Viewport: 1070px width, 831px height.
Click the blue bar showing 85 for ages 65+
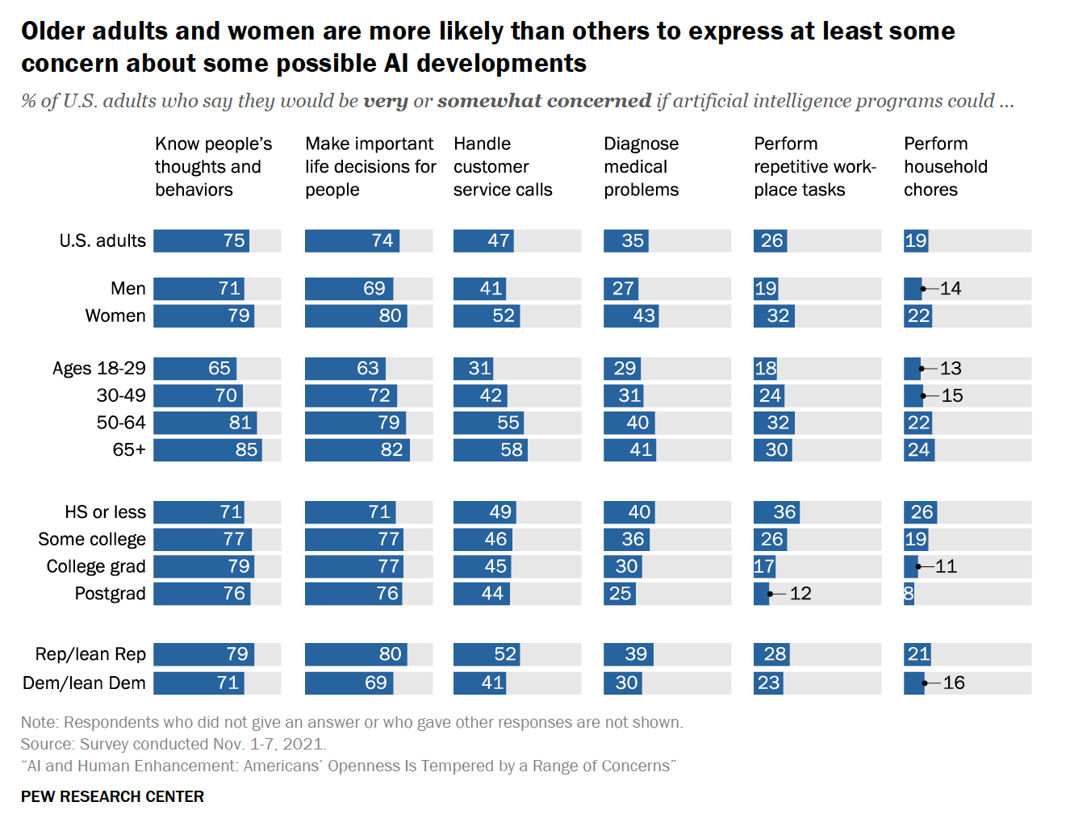click(207, 450)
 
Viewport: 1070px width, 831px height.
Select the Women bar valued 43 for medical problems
click(631, 316)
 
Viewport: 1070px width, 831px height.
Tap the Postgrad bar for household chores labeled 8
click(909, 594)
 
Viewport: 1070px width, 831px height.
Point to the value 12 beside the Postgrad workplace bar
click(800, 594)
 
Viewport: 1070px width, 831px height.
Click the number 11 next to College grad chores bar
click(946, 566)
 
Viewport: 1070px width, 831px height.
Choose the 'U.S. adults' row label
click(102, 240)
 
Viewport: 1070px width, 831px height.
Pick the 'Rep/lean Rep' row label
click(90, 654)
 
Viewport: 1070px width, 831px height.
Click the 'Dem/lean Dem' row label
click(84, 683)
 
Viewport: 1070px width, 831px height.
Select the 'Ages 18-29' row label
click(99, 368)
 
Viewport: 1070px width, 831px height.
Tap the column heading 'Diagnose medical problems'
click(642, 166)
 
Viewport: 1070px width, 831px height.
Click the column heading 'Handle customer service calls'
click(503, 166)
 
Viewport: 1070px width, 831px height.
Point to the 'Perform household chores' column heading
click(946, 166)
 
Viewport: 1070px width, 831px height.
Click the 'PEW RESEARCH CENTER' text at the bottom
click(112, 796)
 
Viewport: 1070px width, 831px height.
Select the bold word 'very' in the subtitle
click(386, 101)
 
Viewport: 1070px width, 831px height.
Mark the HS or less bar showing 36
click(776, 512)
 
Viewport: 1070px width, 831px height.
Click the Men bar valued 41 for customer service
click(479, 289)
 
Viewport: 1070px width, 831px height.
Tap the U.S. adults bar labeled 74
click(352, 240)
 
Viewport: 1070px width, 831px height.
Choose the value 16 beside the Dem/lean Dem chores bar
click(954, 683)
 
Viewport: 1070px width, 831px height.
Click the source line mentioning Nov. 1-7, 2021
click(173, 744)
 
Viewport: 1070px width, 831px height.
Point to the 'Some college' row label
click(92, 540)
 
